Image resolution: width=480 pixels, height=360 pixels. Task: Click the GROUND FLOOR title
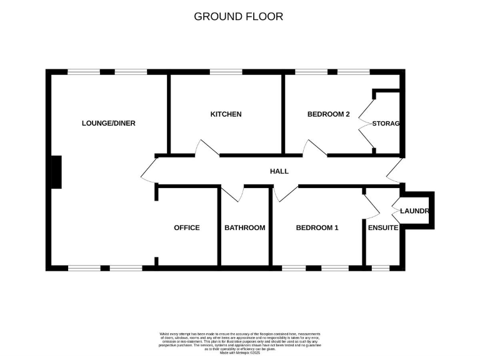tap(238, 16)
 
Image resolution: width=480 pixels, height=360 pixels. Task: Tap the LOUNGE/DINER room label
tap(108, 123)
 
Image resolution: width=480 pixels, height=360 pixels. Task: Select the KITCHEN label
tap(226, 114)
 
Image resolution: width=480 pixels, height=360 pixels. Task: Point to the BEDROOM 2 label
tap(328, 114)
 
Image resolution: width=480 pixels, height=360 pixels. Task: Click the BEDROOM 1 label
tap(317, 228)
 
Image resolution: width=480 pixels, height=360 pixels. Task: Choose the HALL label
tap(279, 171)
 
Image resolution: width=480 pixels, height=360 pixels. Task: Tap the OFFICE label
tap(186, 228)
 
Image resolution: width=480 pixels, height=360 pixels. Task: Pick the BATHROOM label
tap(244, 228)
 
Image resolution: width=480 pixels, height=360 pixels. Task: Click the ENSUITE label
tap(382, 228)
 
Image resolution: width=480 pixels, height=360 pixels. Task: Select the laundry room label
tap(414, 211)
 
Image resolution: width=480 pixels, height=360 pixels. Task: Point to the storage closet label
tap(385, 124)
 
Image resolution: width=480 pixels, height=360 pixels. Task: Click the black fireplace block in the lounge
tap(56, 171)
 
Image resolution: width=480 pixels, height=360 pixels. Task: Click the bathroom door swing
tap(232, 194)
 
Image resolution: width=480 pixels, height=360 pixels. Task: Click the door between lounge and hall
tap(148, 171)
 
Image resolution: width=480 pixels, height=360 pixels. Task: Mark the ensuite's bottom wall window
tap(380, 268)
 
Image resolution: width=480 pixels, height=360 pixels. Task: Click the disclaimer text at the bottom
tap(239, 343)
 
